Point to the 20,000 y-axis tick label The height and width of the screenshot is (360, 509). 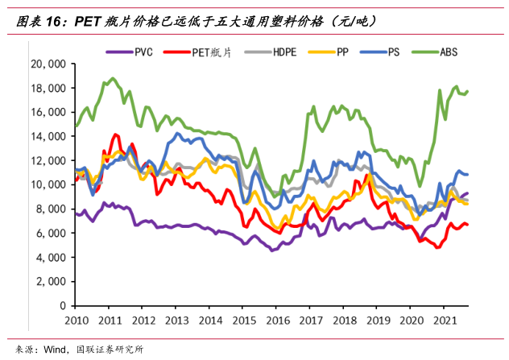click(x=48, y=64)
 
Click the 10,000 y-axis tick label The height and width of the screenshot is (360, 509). click(x=48, y=184)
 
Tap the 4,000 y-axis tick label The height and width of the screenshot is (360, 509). click(x=50, y=258)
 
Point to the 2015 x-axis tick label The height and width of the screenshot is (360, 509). click(x=240, y=321)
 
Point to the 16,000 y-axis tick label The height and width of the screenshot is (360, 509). click(x=48, y=112)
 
